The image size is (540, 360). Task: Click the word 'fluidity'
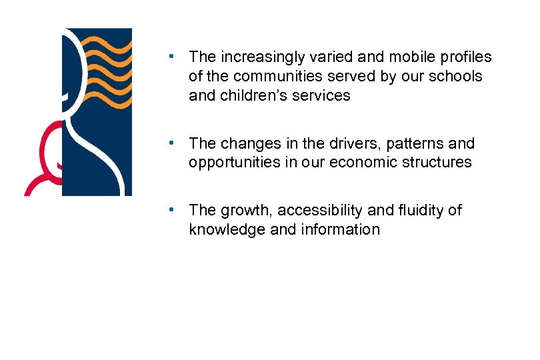[x=421, y=211]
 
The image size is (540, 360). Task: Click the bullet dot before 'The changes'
[x=172, y=143]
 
